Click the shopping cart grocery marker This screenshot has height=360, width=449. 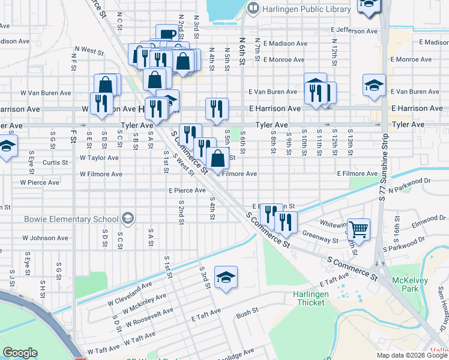[358, 229]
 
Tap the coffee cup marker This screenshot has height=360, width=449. [166, 34]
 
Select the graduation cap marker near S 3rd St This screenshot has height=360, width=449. [226, 277]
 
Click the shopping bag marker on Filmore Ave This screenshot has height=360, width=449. [218, 158]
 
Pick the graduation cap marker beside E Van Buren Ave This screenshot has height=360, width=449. [374, 86]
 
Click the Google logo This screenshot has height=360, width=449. [20, 353]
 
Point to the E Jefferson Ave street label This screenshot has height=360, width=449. [354, 31]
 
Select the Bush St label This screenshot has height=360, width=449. [247, 313]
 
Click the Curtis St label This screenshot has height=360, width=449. [55, 163]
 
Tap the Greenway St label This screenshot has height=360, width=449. [320, 237]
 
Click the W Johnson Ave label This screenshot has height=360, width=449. [45, 238]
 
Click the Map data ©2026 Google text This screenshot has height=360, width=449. [412, 355]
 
